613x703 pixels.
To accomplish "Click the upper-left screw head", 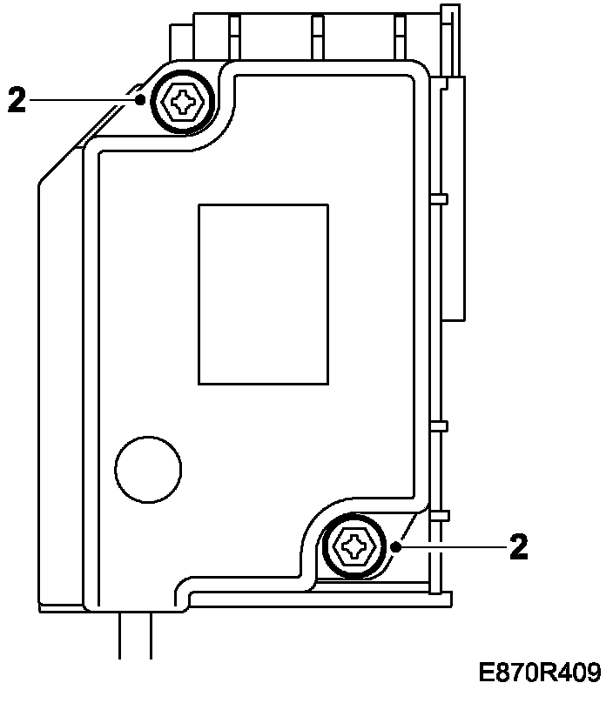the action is [183, 101].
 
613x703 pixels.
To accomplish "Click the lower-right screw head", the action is [354, 546].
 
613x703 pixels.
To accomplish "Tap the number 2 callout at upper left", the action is [17, 99].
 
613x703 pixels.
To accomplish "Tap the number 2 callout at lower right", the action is [519, 546].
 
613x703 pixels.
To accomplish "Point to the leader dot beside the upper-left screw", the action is [140, 99].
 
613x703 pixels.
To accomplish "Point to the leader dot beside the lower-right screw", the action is [396, 547].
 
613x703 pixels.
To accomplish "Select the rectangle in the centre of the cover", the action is [264, 295].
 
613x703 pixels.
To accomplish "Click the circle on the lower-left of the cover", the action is [148, 469].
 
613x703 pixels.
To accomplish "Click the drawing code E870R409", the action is [540, 673].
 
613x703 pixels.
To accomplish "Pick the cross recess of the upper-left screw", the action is [184, 102].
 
